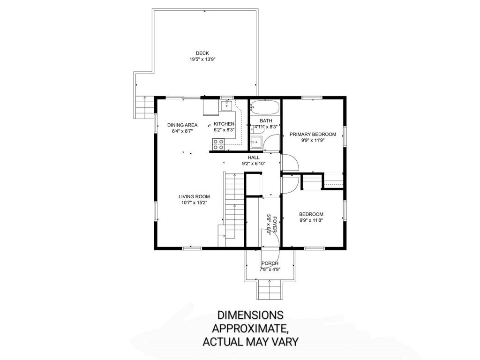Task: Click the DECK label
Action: pos(202,53)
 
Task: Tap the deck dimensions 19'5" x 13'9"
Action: pos(202,60)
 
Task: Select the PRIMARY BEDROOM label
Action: pos(313,134)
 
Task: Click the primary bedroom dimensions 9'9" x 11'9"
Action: pos(313,140)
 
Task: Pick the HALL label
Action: pos(254,157)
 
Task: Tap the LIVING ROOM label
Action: pos(194,196)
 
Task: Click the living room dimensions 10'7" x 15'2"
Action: pos(194,203)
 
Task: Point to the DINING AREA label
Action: pos(182,125)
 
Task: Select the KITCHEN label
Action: pos(224,124)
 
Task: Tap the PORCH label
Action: pos(270,263)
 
